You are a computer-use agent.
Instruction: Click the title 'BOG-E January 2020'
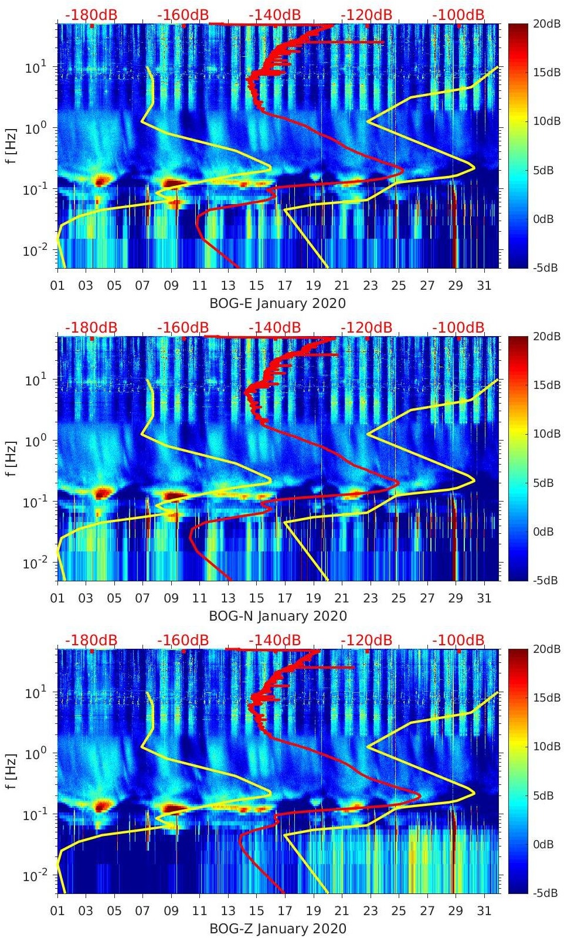[x=277, y=303]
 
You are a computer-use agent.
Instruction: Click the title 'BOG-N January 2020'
[x=277, y=616]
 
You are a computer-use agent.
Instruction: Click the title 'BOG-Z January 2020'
[x=277, y=929]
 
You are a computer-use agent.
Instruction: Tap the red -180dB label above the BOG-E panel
[x=91, y=15]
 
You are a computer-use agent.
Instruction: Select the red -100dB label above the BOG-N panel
[x=458, y=327]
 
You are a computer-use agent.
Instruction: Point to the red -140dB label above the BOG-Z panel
[x=274, y=640]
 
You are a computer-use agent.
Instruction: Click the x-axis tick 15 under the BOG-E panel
[x=256, y=286]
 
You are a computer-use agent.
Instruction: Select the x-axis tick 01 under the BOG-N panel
[x=57, y=598]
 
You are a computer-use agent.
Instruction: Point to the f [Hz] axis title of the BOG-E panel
[x=12, y=145]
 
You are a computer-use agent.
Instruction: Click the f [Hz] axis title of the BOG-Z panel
[x=12, y=771]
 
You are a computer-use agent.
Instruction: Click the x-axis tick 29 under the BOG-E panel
[x=456, y=286]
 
